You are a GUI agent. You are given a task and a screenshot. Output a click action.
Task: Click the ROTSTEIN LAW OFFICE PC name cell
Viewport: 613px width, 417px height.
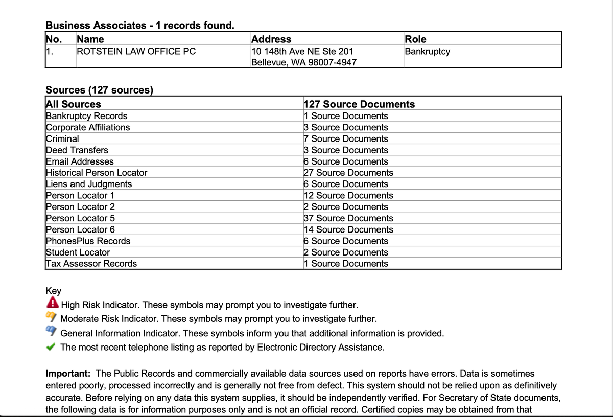tap(136, 51)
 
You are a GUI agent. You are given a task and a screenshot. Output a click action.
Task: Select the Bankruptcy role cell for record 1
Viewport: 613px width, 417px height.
tap(427, 51)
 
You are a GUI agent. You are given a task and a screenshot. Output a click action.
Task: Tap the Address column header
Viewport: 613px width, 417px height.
tap(271, 39)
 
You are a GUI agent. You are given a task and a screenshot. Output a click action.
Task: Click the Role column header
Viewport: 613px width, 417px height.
tap(415, 39)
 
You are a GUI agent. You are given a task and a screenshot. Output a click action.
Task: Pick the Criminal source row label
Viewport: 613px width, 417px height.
tap(62, 138)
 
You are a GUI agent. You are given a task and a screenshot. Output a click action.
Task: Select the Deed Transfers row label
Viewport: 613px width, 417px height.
tap(77, 150)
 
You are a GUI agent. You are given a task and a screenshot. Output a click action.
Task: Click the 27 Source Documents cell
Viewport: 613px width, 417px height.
tap(348, 173)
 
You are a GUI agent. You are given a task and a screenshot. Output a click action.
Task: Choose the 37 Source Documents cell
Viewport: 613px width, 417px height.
tap(348, 218)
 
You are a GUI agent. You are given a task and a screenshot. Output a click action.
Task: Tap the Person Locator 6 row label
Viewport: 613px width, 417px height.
tap(80, 229)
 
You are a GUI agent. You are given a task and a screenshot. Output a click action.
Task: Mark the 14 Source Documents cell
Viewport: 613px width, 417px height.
tap(348, 229)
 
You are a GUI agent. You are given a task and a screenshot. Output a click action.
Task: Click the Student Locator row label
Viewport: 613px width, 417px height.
tap(78, 252)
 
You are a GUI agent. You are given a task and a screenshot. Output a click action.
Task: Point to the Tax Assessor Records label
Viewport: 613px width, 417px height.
tap(91, 264)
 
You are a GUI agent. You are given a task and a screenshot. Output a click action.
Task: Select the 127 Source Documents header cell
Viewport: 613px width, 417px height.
tap(359, 104)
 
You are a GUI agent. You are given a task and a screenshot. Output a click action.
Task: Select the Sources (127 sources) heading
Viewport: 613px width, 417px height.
tap(99, 90)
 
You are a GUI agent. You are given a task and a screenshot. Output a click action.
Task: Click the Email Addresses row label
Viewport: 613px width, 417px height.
tap(80, 161)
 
